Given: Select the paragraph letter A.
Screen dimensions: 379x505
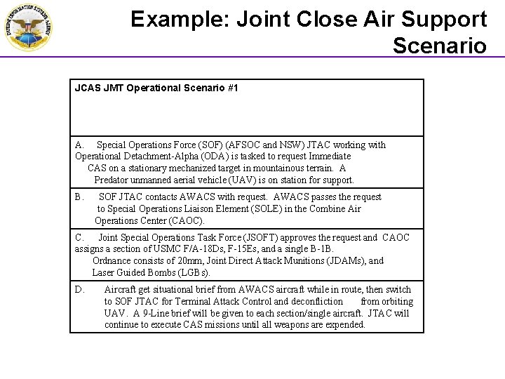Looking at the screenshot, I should (x=79, y=145).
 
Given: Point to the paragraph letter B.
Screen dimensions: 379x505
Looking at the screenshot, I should (x=79, y=197).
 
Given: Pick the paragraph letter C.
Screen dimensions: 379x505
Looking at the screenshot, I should (x=79, y=238).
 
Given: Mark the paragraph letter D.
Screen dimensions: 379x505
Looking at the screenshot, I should (x=79, y=290).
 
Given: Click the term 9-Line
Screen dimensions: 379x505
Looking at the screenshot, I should (x=156, y=313).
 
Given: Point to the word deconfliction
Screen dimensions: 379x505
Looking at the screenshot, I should (x=314, y=302).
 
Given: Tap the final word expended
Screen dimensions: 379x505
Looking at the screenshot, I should (x=345, y=325).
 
